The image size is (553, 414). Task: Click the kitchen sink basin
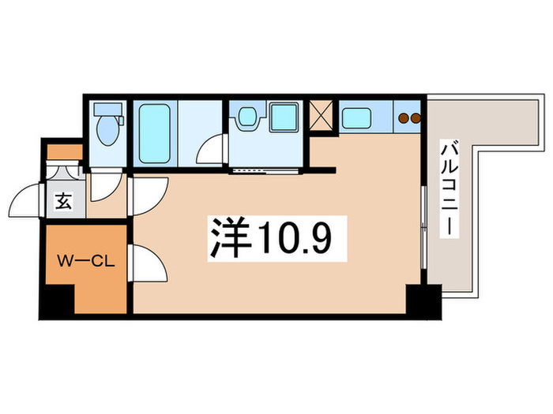(x=359, y=117)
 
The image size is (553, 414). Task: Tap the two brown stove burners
(x=409, y=119)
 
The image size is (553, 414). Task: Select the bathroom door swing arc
(x=212, y=150)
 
